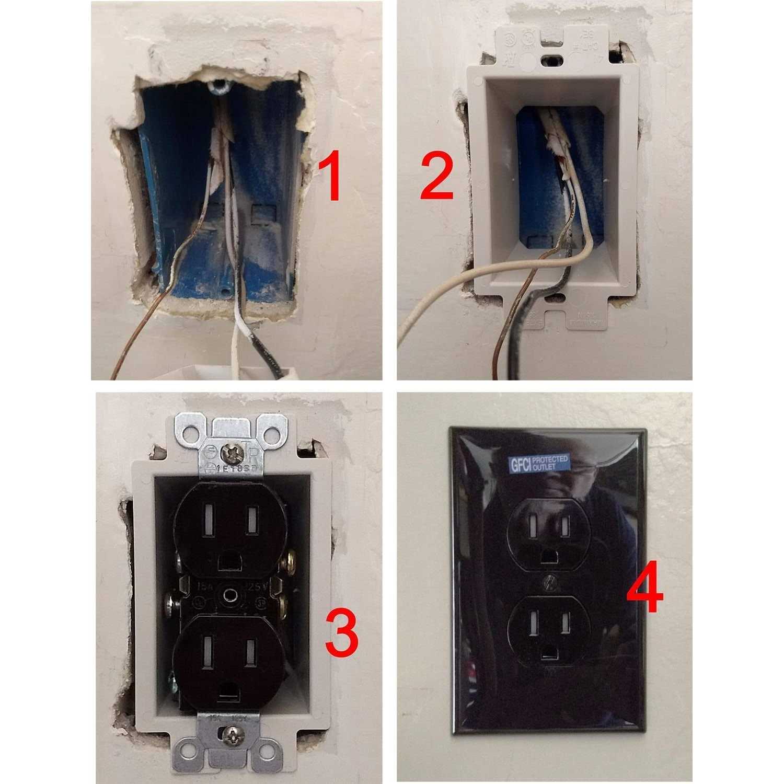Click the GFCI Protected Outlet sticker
click(x=539, y=464)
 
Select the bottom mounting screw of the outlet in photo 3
click(x=230, y=737)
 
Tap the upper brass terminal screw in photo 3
click(x=286, y=564)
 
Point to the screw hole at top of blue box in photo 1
click(x=217, y=85)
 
